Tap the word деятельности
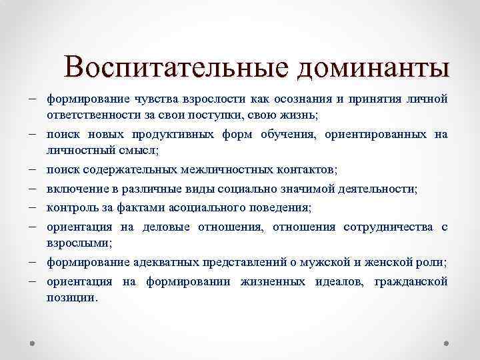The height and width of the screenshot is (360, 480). point(375,190)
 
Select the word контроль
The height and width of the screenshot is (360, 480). point(69,209)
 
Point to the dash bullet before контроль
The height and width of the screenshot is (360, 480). point(33,209)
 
